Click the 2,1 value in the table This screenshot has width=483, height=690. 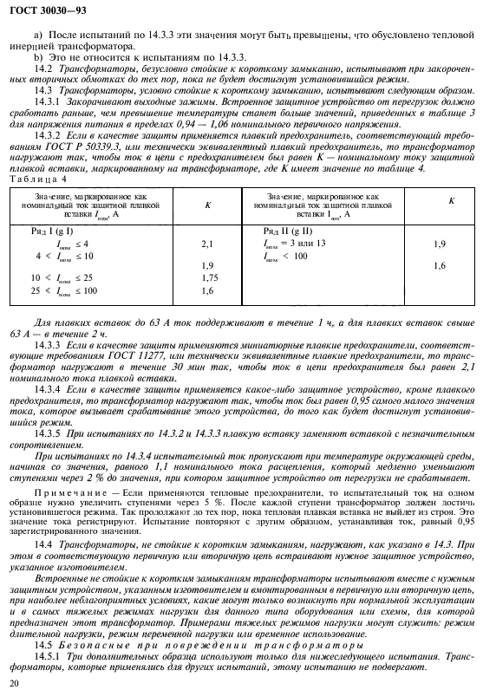207,245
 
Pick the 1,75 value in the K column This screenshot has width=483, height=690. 207,277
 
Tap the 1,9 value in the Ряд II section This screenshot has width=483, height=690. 439,245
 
